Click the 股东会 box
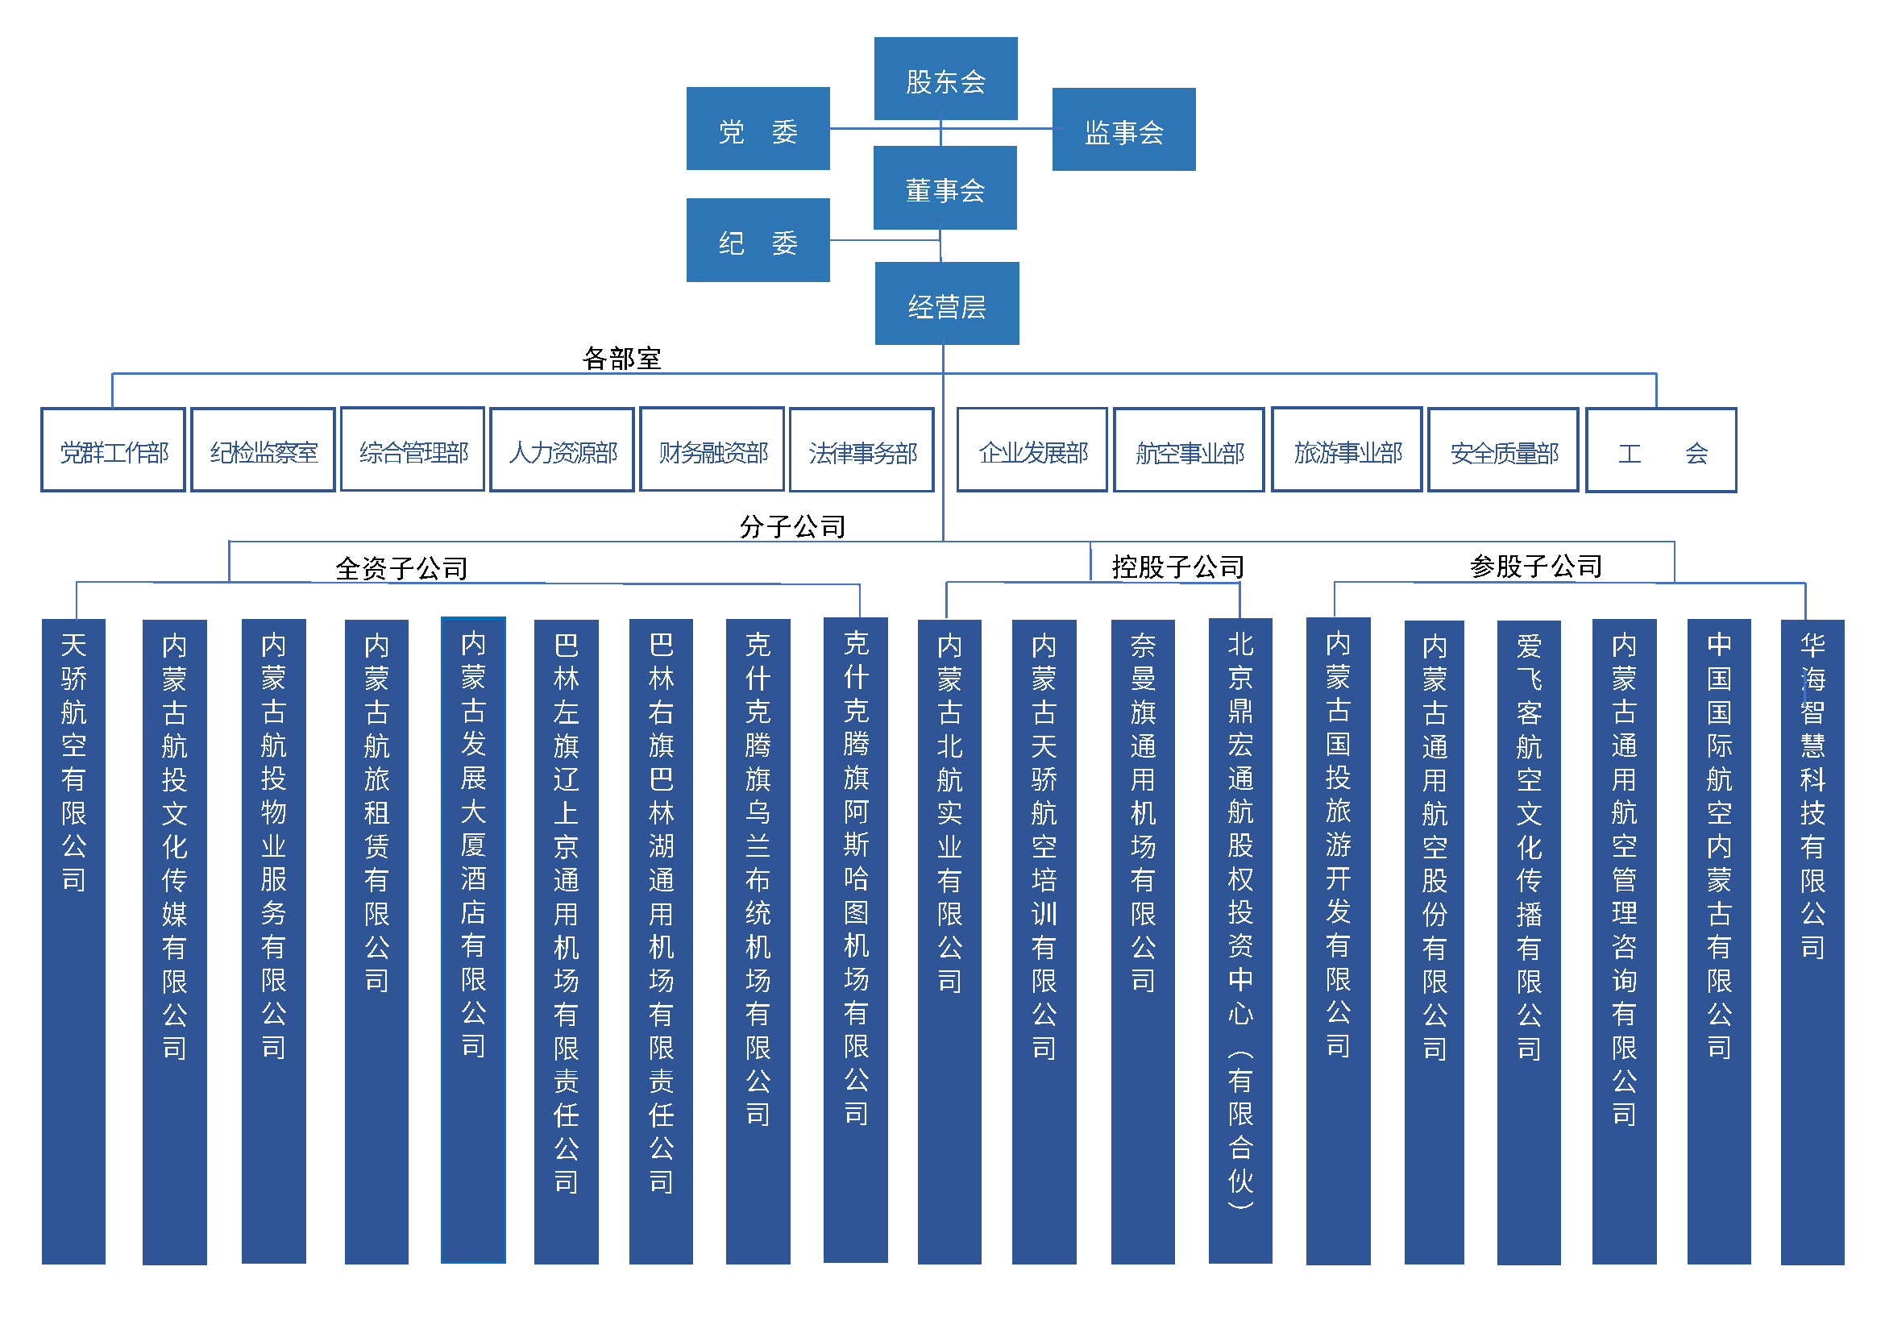(945, 79)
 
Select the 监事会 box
(1123, 130)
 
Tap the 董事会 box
(945, 188)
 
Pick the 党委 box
(757, 129)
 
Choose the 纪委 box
(757, 240)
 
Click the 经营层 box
(947, 304)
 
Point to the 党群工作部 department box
(114, 451)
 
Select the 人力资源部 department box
(562, 451)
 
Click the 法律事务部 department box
(862, 451)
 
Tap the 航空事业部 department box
(1188, 451)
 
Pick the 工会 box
(1660, 451)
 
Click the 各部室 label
(621, 359)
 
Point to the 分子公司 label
(792, 526)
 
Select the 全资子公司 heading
(401, 568)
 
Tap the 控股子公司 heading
(1177, 567)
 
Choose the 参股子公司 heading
(1535, 566)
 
